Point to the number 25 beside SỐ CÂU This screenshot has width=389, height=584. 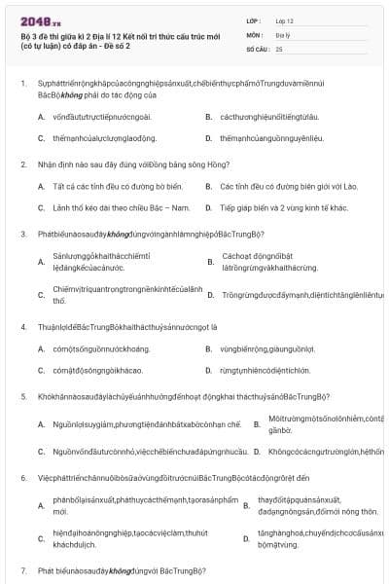pos(279,48)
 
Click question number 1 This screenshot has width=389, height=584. pos(22,83)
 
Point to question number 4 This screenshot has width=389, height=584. pos(22,326)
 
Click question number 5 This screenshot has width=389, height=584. pos(22,396)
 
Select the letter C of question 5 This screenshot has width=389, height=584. pos(41,452)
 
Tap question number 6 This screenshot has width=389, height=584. pos(22,478)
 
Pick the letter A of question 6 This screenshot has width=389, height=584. pos(41,505)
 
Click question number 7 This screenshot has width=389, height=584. pos(22,568)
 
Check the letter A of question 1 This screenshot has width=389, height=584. pos(41,116)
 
